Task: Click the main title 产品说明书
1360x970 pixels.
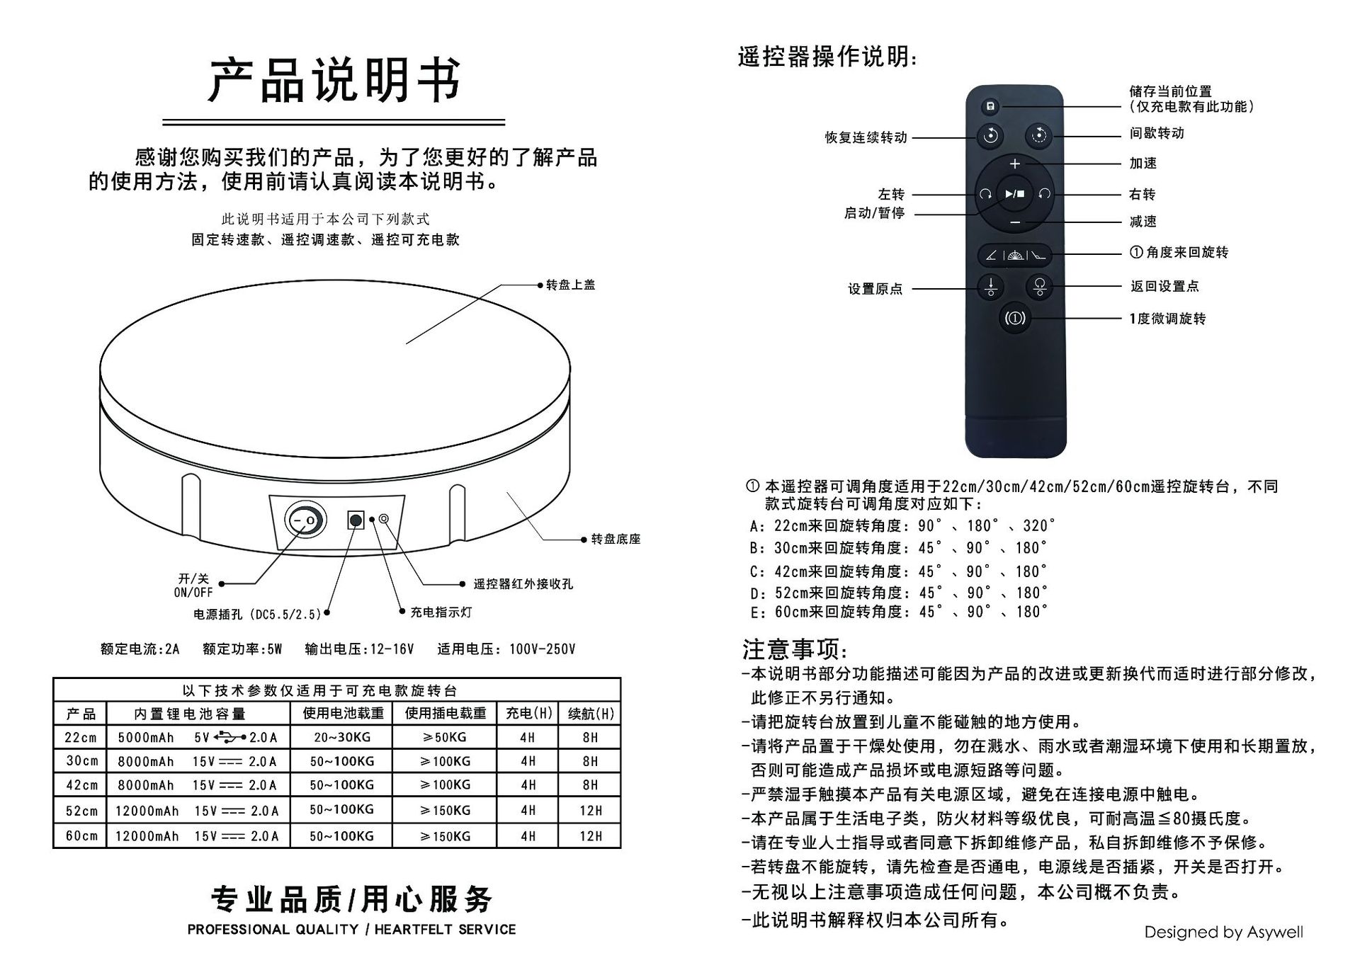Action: click(x=334, y=80)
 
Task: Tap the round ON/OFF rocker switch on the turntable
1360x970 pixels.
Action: click(x=305, y=521)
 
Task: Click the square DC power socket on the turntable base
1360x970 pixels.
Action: click(x=356, y=521)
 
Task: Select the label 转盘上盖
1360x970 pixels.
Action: click(x=570, y=285)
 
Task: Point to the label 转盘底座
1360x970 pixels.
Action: click(x=616, y=539)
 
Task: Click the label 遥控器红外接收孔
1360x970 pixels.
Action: click(x=523, y=584)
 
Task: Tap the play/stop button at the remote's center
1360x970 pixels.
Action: click(x=1014, y=193)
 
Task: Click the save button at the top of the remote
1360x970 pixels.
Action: click(x=990, y=107)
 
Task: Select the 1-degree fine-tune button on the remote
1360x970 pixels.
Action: click(x=1014, y=318)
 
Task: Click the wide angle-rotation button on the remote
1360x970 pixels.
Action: click(x=1014, y=255)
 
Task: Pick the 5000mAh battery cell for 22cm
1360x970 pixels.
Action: click(x=146, y=738)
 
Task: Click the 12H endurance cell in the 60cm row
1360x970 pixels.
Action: click(x=590, y=836)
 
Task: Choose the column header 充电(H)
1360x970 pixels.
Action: click(x=528, y=714)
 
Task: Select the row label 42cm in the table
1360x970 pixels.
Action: click(x=81, y=785)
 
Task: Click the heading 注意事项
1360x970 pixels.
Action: click(x=793, y=649)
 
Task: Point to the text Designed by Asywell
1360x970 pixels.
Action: click(x=1223, y=932)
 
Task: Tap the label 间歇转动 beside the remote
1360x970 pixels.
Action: click(x=1156, y=133)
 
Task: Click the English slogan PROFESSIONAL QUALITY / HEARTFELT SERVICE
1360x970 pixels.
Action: click(x=351, y=930)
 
